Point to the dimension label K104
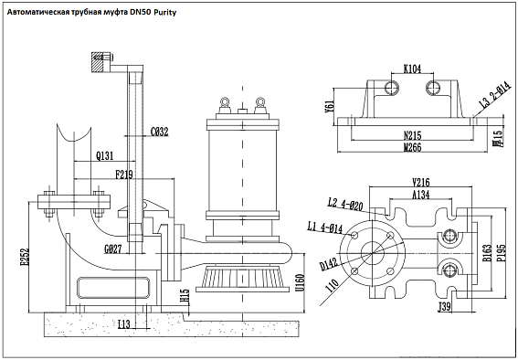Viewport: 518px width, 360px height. point(413,69)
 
